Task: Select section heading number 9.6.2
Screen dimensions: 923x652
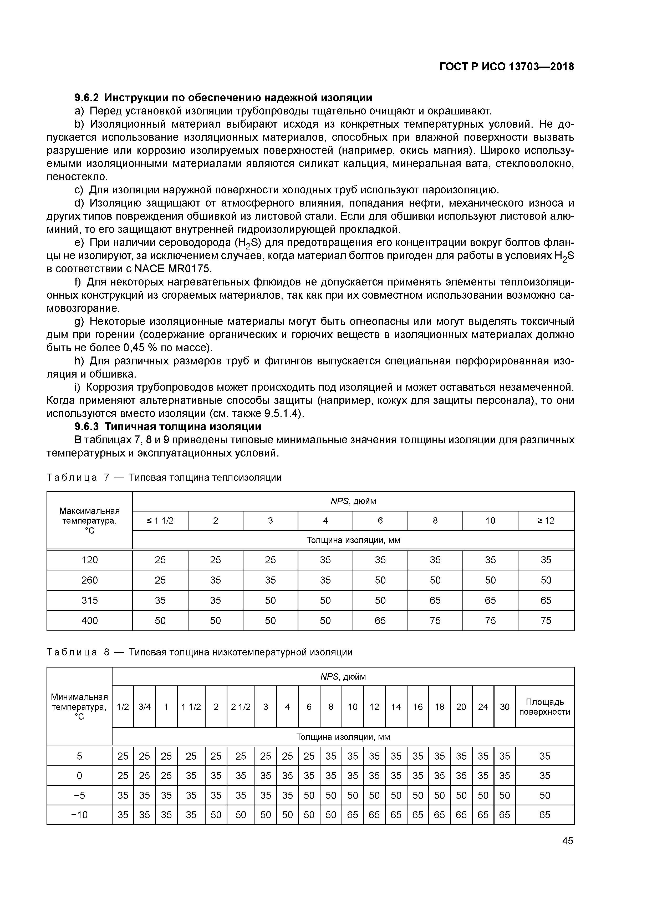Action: coord(87,98)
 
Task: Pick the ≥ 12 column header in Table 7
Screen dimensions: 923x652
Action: coord(546,521)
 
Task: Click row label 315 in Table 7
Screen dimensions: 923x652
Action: coord(90,600)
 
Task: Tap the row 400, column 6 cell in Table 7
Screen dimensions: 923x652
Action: coord(380,621)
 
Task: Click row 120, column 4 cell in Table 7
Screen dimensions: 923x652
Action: coord(325,560)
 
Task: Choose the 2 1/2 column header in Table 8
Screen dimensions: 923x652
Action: coord(240,707)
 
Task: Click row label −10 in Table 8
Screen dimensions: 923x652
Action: coord(79,814)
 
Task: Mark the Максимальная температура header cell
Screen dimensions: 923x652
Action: coord(90,521)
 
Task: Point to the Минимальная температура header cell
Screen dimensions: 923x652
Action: coord(79,707)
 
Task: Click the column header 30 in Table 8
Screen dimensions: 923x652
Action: coord(504,707)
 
